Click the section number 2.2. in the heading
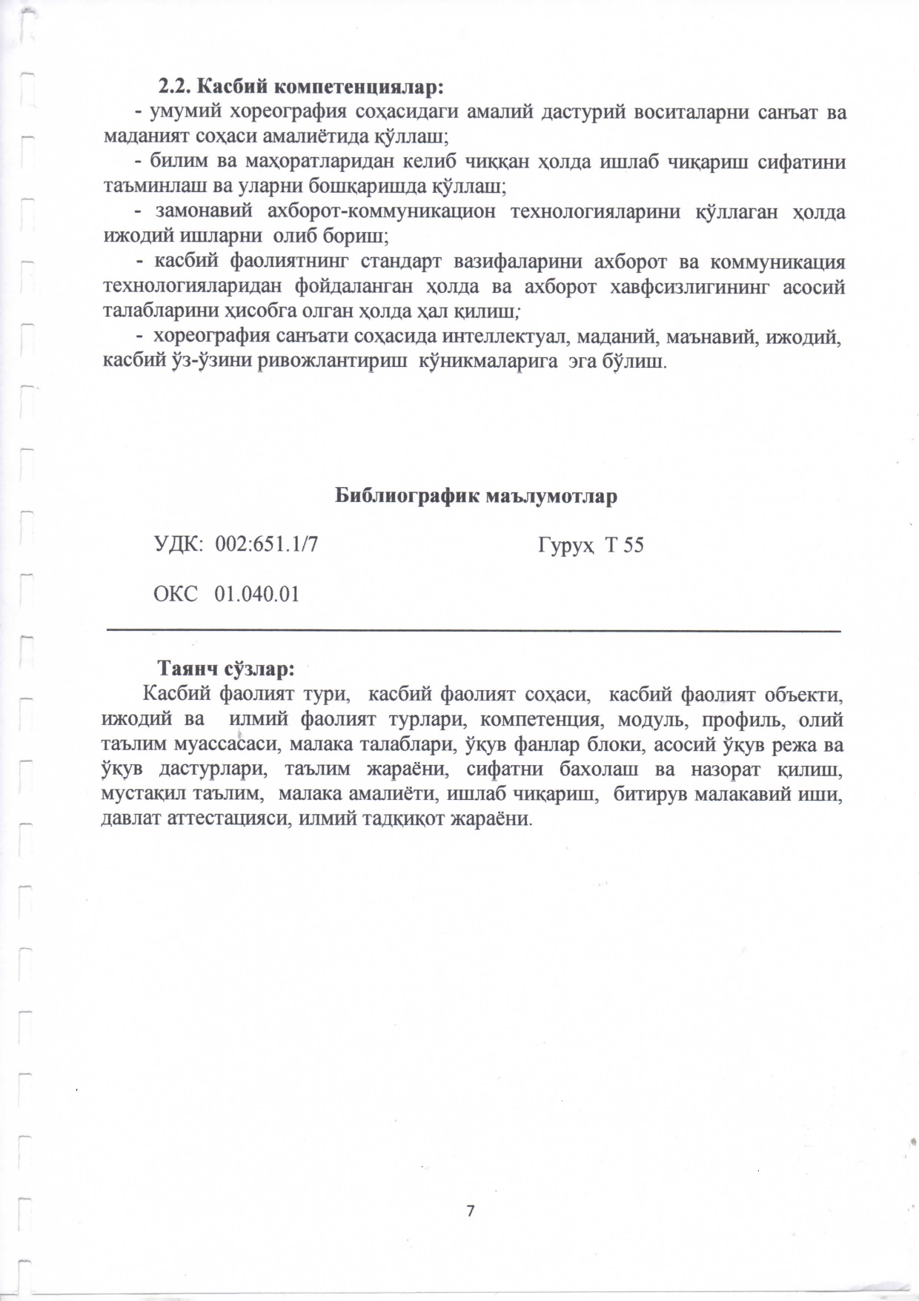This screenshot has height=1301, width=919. click(176, 86)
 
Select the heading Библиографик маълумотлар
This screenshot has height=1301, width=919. click(476, 496)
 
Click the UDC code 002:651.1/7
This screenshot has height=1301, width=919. click(267, 545)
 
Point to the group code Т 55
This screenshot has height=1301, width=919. click(624, 546)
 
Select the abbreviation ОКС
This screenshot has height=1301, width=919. click(175, 594)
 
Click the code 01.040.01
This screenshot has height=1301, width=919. click(256, 594)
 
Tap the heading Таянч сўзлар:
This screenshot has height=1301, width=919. click(226, 669)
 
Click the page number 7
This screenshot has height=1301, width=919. click(470, 1211)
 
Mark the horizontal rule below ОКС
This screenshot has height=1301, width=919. click(474, 630)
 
